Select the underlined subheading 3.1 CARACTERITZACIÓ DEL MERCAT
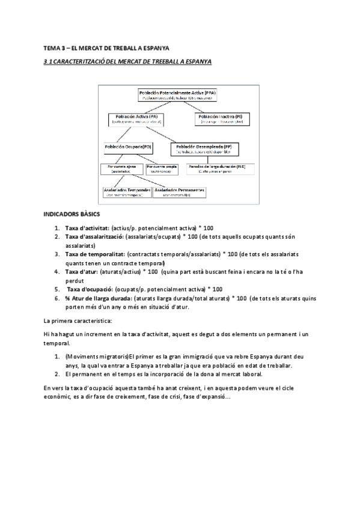click(x=128, y=62)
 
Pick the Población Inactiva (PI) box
click(x=222, y=118)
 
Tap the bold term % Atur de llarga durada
click(x=98, y=298)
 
